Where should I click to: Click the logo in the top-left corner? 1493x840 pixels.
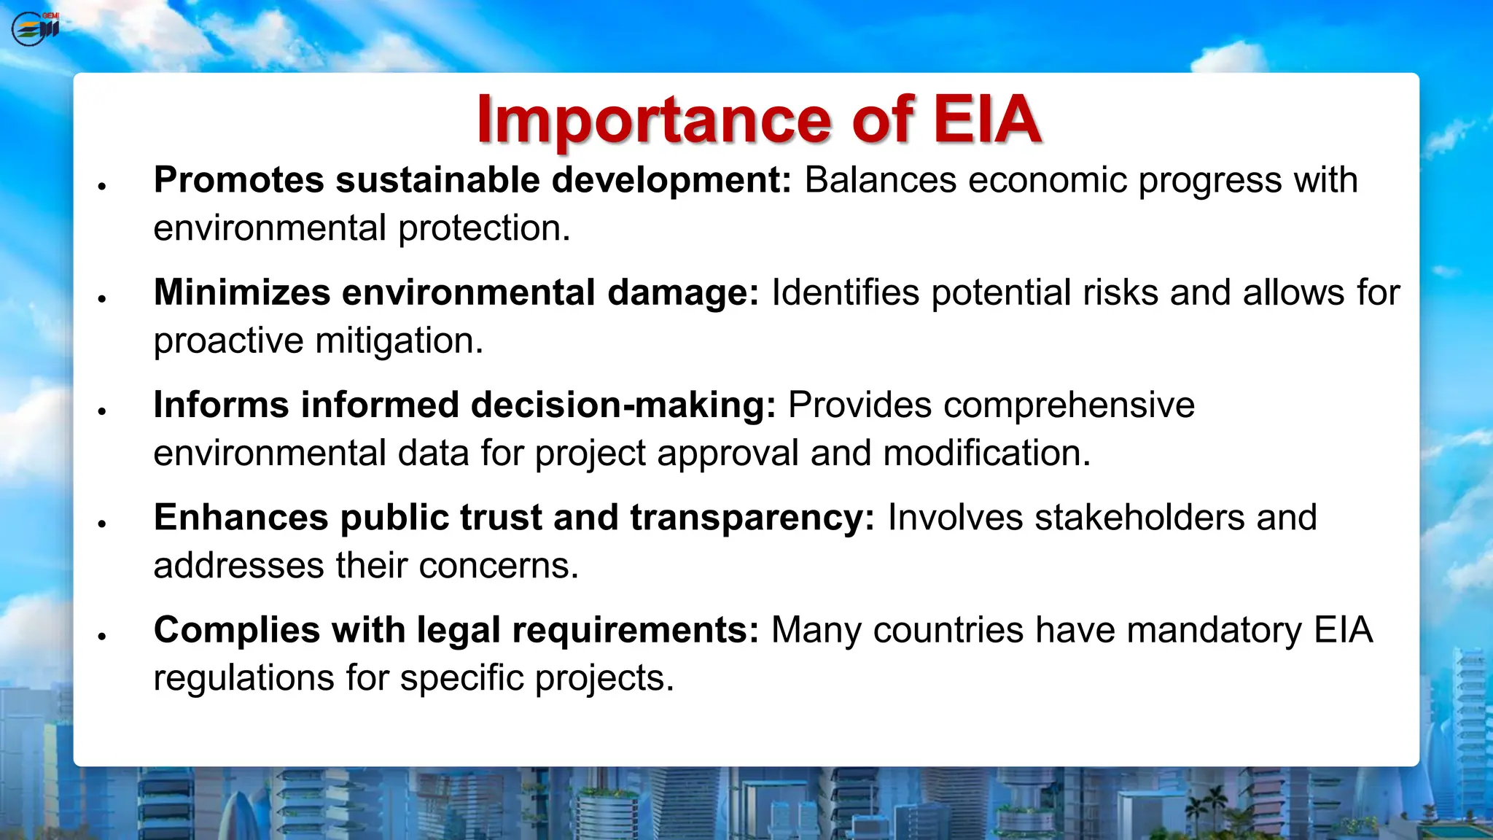pos(35,29)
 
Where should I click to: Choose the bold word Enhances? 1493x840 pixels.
pos(241,517)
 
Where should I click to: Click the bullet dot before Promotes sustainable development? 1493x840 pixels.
pos(102,187)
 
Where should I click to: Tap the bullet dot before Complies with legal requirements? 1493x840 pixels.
pos(102,637)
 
